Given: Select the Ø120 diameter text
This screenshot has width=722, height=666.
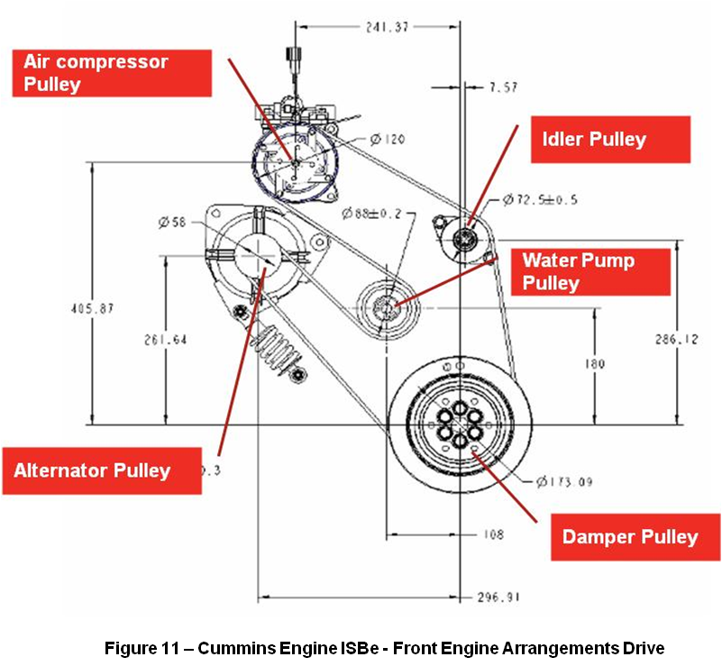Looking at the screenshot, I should tap(388, 140).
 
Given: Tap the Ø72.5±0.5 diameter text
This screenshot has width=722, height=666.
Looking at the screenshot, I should tap(540, 199).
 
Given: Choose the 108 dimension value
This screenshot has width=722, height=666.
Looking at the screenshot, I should tap(493, 534).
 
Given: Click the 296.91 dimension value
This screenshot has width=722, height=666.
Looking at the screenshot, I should tap(499, 597).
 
